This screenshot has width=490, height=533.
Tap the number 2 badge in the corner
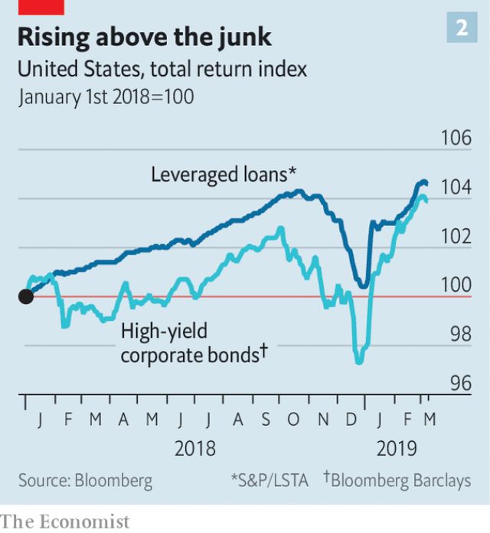click(462, 28)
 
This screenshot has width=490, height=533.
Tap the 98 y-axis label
click(456, 334)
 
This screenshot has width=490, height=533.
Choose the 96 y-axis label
click(456, 383)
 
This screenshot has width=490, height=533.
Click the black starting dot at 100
click(25, 296)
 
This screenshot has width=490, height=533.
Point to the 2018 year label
click(195, 448)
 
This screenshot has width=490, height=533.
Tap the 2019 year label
click(396, 448)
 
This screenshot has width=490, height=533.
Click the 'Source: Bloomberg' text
click(85, 481)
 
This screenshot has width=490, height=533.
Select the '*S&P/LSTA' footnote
click(269, 481)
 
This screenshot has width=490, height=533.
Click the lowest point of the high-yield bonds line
click(358, 361)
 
